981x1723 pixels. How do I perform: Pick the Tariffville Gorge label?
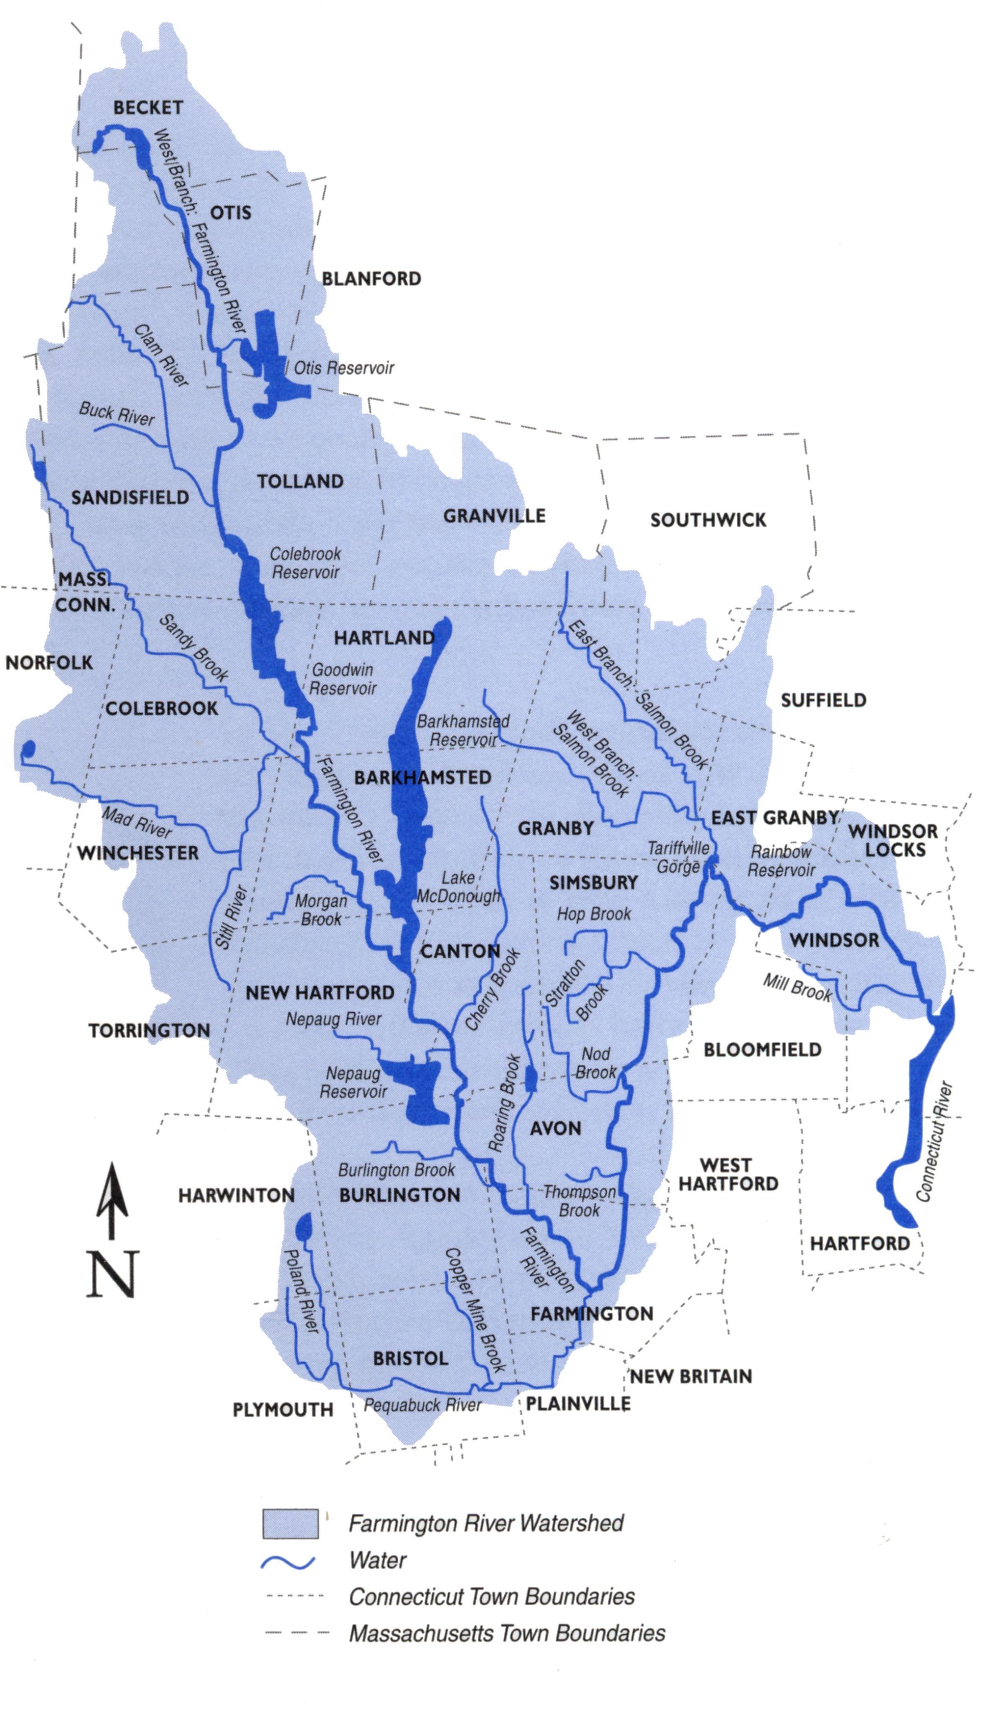(x=678, y=858)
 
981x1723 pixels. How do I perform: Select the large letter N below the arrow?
(x=112, y=1274)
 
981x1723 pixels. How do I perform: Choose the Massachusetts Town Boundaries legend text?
(x=507, y=1633)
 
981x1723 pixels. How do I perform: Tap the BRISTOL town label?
(x=411, y=1358)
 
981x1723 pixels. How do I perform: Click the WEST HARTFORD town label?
(x=728, y=1174)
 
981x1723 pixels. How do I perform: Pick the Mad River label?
(x=137, y=822)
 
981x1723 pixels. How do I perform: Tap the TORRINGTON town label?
(x=149, y=1030)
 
